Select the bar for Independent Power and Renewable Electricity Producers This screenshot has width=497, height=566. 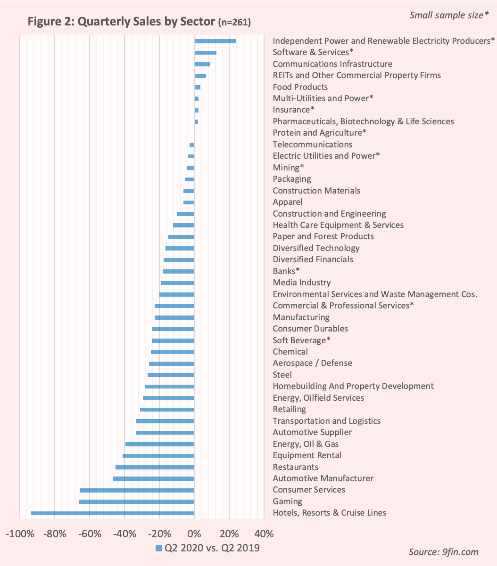point(215,41)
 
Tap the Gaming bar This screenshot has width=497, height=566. point(136,502)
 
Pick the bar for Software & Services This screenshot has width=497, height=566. point(205,53)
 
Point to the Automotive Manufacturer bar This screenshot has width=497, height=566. point(153,479)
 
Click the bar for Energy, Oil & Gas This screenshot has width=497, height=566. point(159,444)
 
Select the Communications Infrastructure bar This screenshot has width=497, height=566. point(202,64)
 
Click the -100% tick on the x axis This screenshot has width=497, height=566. point(20,534)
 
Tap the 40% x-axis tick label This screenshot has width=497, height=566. point(264,534)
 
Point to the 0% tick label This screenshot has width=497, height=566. point(194,534)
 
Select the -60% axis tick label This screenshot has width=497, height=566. point(90,534)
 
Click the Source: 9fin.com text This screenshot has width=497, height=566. point(443,552)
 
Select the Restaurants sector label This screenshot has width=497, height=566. point(295,467)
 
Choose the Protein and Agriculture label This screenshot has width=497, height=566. point(319,133)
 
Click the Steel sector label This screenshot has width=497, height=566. point(282,375)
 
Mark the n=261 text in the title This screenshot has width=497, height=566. point(234,23)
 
